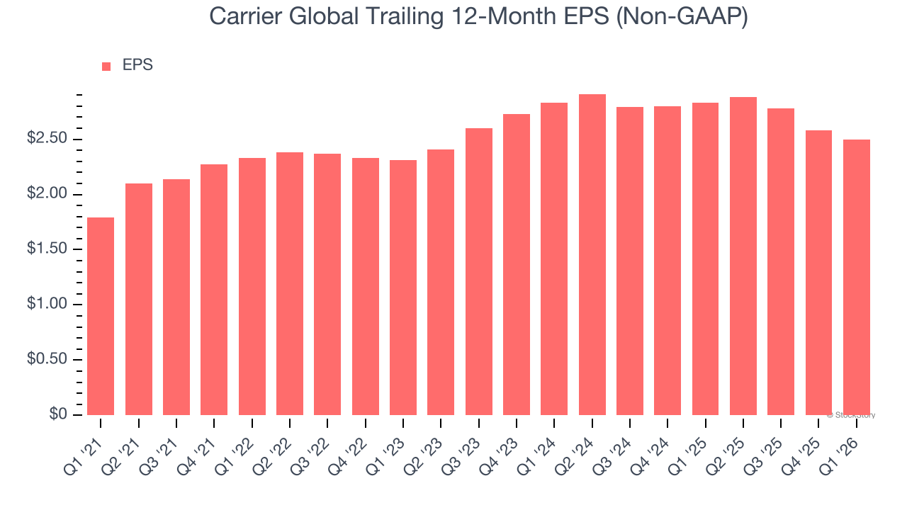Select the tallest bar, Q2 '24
592,254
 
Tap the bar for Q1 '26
857,277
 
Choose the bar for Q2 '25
743,256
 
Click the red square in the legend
106,66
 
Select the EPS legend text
137,65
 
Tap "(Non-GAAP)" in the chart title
682,16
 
